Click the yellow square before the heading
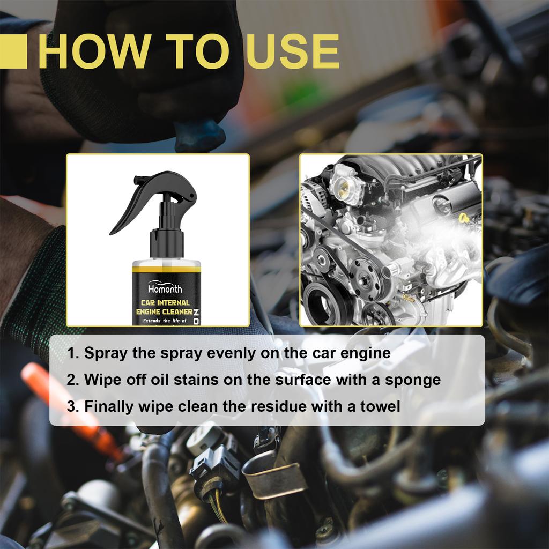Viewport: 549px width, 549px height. coord(13,52)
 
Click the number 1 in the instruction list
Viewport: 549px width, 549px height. coord(72,353)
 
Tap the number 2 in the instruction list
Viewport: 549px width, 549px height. coord(72,380)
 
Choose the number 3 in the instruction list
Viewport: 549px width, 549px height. coord(72,406)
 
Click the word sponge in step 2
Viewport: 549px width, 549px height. coord(414,380)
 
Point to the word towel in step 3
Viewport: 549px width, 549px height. coord(381,406)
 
